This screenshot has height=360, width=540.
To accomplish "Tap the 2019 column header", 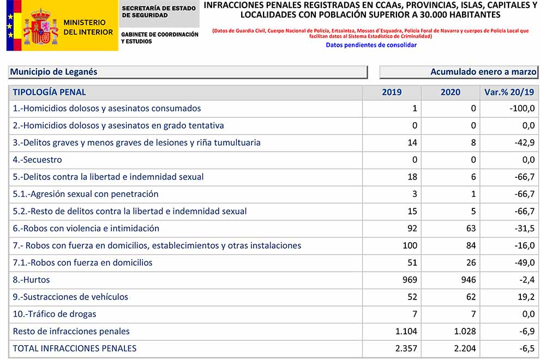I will pos(392,92).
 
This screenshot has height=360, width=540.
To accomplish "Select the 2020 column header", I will pos(451,92).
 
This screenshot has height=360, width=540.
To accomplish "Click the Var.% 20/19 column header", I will pos(509,92).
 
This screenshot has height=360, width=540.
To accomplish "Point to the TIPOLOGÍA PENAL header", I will pos(50,92).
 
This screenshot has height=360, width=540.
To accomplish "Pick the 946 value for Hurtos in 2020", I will pos(468,280).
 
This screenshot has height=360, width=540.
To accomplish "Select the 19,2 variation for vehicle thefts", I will pos(526,297).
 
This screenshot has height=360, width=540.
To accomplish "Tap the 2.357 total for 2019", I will pos(406,348).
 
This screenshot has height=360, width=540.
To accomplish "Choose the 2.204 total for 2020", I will pos(465,348).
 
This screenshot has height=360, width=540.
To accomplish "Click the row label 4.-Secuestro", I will pos(38,160).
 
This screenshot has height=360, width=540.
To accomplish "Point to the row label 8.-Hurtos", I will pos(32,280).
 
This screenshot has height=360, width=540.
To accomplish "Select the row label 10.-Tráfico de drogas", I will pos(55,314).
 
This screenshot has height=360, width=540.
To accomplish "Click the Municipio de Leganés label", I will pos(54,72).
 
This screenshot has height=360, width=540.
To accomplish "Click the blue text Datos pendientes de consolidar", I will pos(371,45).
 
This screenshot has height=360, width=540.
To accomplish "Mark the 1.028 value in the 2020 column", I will pos(465,331).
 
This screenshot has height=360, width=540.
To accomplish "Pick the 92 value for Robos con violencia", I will pos(412,229).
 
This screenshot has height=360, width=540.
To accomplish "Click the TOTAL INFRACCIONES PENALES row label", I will pos(75,348).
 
